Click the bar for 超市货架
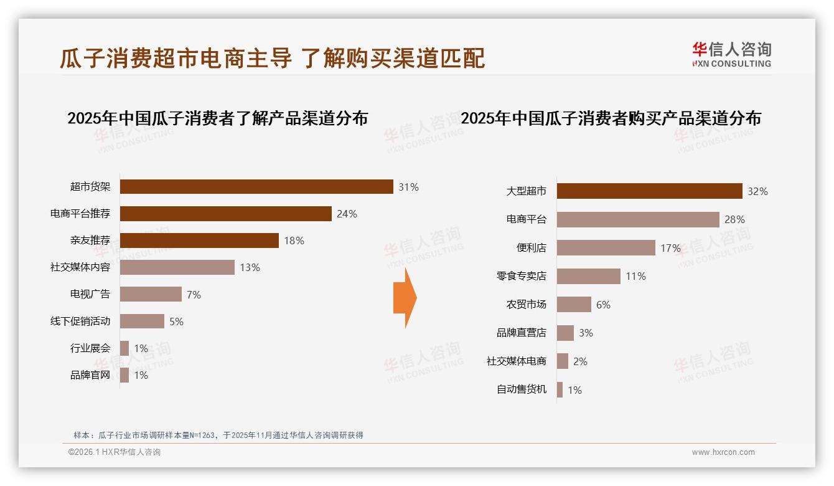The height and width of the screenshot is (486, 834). coord(256,187)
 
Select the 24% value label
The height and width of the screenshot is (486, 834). coord(347,214)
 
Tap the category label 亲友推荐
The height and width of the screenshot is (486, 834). coord(90,241)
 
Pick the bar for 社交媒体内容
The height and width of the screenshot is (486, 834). coord(177,267)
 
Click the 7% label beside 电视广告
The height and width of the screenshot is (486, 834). coord(194,295)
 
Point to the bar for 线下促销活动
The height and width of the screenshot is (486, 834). coord(142,322)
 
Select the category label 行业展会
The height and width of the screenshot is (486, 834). coord(90,348)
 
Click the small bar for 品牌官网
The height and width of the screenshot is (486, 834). coord(124,375)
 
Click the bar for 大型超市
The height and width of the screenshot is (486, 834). coord(649,191)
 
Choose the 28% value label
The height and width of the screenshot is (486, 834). coord(734,219)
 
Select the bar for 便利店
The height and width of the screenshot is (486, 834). coord(606,248)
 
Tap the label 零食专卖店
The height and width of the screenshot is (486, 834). coord(522,276)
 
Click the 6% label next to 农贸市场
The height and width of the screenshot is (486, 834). coord(603,305)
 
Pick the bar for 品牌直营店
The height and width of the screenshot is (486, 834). coord(565,333)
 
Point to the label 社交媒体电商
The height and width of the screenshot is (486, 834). coord(517,361)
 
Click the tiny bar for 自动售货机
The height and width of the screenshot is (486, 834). coord(560,390)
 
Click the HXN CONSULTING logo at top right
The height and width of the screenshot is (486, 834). coord(731,55)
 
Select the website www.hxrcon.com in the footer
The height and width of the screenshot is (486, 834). coord(723,452)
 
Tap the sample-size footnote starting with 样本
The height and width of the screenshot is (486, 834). coord(218,435)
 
